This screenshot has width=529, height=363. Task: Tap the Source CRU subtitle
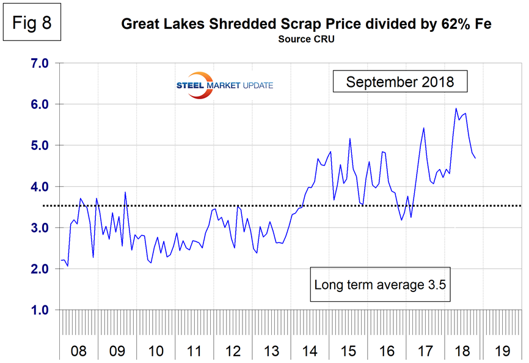[x=306, y=39]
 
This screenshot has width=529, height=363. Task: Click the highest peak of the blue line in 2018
[x=456, y=109]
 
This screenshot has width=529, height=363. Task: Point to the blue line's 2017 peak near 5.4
[x=423, y=128]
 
